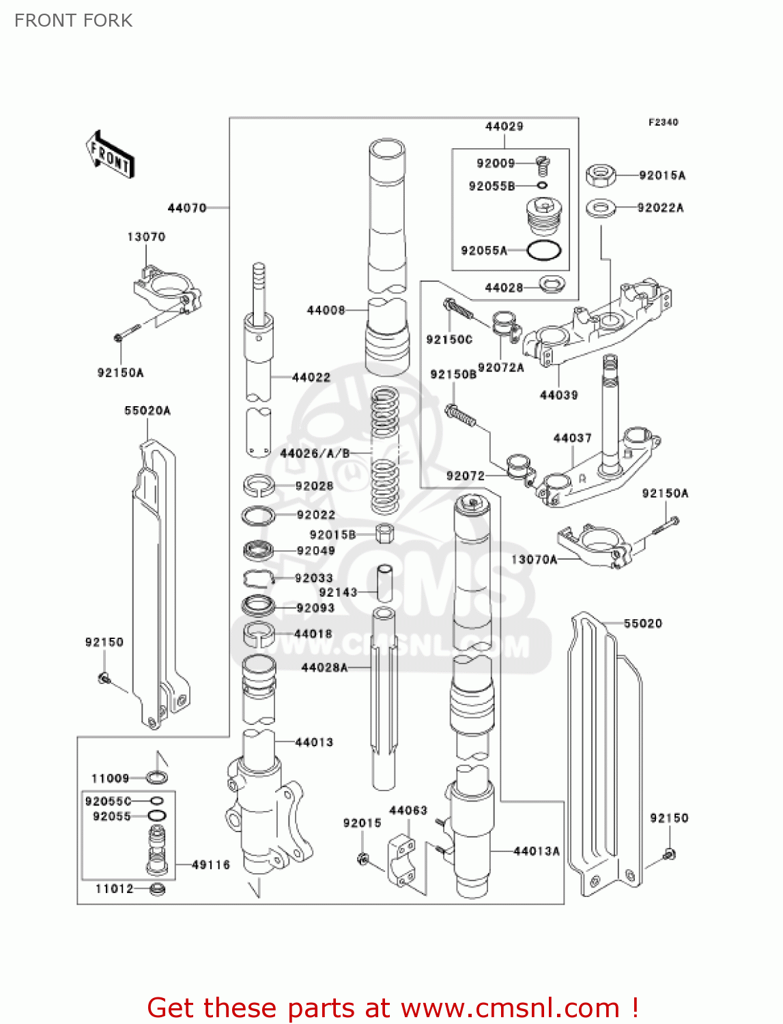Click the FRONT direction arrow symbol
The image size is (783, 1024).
[x=110, y=155]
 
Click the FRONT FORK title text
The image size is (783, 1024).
[x=73, y=20]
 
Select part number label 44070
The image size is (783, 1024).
[x=186, y=208]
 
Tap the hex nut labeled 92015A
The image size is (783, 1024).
[x=601, y=175]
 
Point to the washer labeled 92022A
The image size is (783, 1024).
[x=601, y=208]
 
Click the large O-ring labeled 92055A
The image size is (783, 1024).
[x=544, y=251]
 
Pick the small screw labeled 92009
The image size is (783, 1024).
[x=543, y=165]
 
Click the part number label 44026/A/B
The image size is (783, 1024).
[x=315, y=453]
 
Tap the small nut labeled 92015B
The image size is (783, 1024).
[x=385, y=533]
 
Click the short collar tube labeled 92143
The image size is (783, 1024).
[x=385, y=582]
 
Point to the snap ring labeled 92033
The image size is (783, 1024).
[x=258, y=578]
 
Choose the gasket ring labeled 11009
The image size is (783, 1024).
[x=157, y=777]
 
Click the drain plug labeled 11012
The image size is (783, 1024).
[x=157, y=889]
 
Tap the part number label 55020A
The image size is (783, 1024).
[x=147, y=410]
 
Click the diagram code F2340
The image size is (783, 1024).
[x=663, y=122]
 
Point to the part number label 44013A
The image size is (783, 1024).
[x=537, y=851]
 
